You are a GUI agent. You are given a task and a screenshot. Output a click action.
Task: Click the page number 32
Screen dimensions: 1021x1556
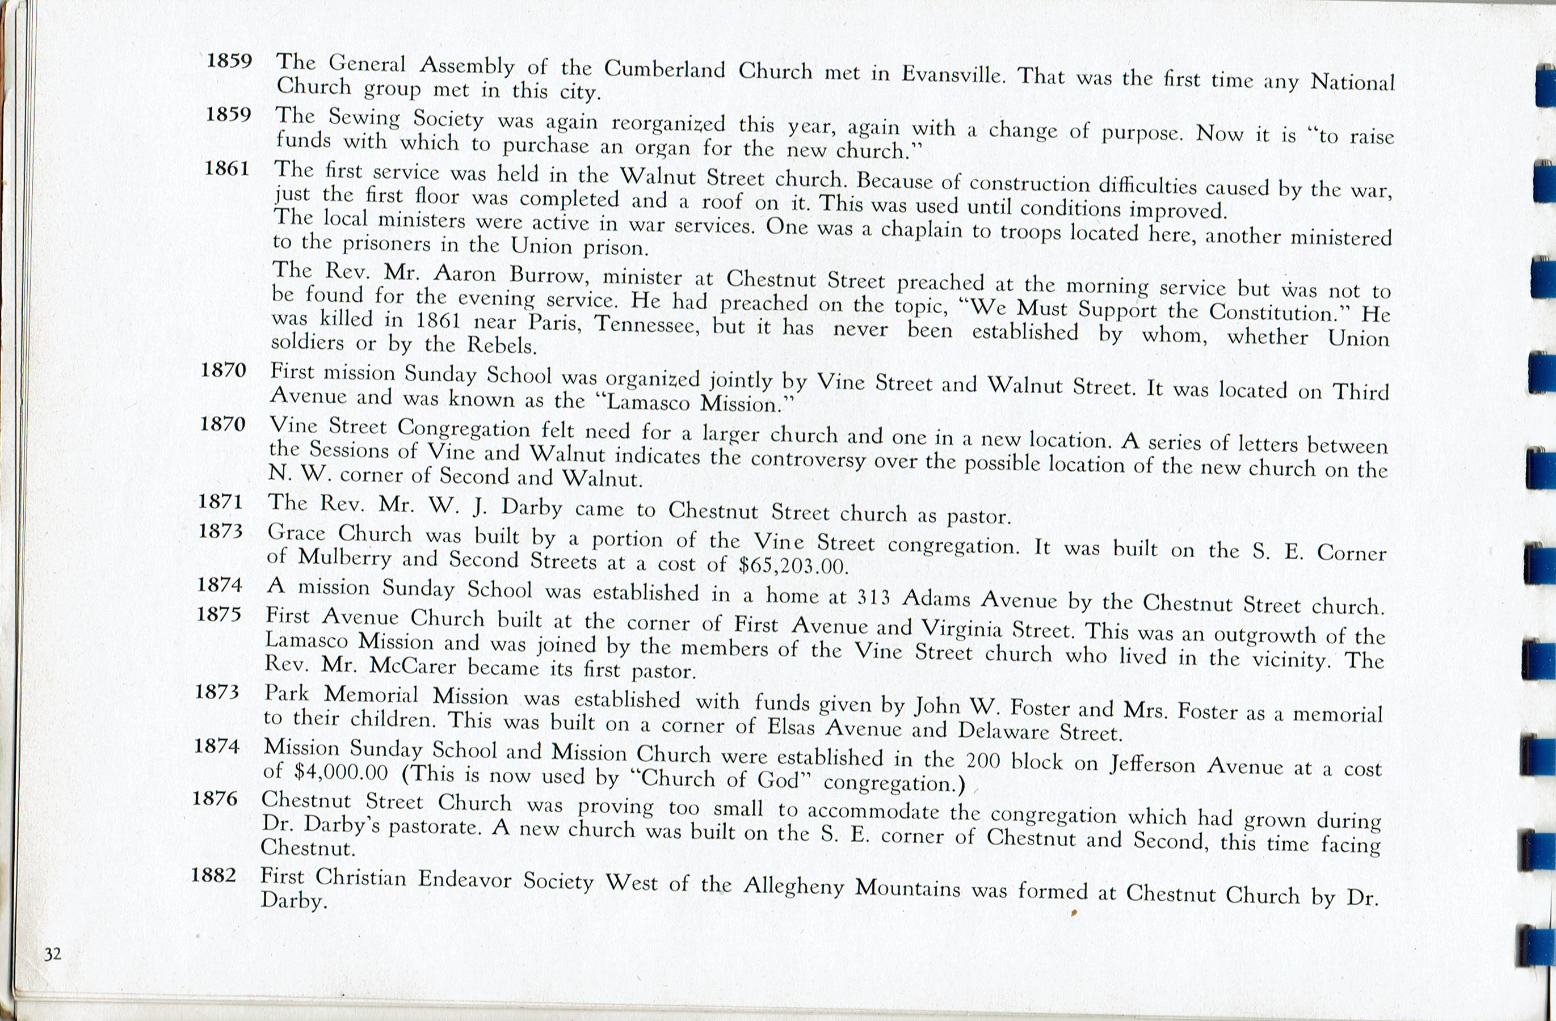click(x=52, y=954)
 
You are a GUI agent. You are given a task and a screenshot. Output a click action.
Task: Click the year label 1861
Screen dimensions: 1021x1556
click(x=227, y=168)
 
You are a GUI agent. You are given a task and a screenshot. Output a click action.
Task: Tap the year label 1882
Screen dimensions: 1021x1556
click(x=214, y=875)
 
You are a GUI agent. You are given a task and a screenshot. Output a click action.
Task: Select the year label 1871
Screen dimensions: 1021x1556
click(x=221, y=501)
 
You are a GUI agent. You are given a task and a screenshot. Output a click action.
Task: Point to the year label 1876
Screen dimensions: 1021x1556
click(x=215, y=798)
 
